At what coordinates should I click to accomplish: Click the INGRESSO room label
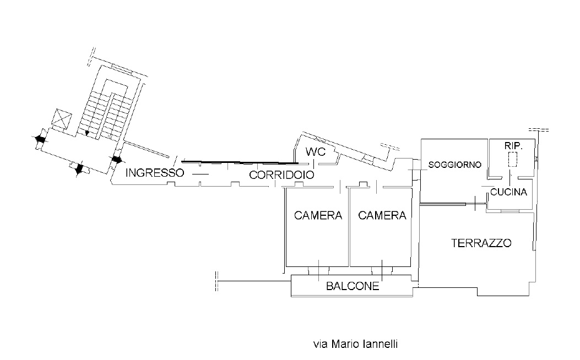[x=155, y=173]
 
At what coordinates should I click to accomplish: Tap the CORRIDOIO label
[x=281, y=175]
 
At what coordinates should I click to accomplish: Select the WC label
[x=316, y=151]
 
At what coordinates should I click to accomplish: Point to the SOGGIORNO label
[x=454, y=165]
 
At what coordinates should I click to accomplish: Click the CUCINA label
[x=508, y=192]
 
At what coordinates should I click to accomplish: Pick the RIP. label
[x=513, y=146]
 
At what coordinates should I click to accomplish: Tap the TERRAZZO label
[x=481, y=243]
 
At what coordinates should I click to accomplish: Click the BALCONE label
[x=353, y=286]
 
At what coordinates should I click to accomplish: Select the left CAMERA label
[x=318, y=215]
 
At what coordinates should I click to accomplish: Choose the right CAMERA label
[x=382, y=215]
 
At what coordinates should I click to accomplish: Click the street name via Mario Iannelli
[x=355, y=344]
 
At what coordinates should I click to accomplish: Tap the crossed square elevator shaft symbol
[x=61, y=119]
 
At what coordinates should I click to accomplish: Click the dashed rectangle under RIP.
[x=513, y=159]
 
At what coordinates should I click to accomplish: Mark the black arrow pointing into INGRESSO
[x=117, y=160]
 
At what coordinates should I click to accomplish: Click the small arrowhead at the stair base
[x=87, y=132]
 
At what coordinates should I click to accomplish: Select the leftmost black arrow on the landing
[x=40, y=139]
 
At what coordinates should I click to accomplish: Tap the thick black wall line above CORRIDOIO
[x=241, y=162]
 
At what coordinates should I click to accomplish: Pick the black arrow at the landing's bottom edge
[x=79, y=170]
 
